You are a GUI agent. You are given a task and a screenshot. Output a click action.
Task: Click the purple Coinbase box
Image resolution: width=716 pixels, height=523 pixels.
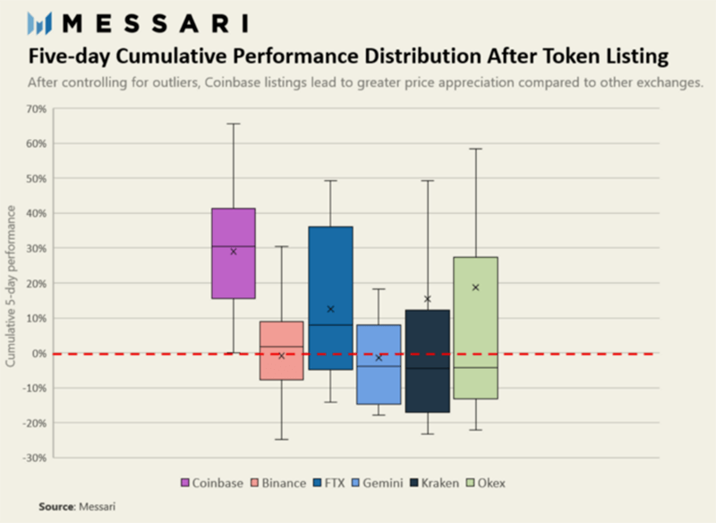[x=234, y=253]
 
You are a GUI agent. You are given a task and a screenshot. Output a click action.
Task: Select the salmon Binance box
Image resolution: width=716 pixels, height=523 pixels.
[x=282, y=350]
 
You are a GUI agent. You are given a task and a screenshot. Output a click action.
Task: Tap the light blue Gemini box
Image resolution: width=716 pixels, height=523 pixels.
[x=379, y=364]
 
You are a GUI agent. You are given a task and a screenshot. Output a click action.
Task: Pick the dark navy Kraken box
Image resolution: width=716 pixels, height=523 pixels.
[x=428, y=361]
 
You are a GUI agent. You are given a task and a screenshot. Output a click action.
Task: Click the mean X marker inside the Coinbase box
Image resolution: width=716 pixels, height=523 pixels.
[x=234, y=252]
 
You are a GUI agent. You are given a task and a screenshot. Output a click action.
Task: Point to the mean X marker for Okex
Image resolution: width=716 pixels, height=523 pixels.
[x=476, y=287]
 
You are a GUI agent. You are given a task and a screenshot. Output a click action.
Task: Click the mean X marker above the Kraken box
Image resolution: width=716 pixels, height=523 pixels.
[x=428, y=299]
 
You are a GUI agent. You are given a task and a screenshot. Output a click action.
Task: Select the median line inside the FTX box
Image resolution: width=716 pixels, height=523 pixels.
[x=330, y=325]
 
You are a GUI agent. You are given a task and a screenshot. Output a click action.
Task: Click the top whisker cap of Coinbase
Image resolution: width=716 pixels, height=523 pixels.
[x=234, y=124]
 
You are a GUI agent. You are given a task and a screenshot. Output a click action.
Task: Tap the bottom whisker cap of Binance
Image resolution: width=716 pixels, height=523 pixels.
[x=282, y=440]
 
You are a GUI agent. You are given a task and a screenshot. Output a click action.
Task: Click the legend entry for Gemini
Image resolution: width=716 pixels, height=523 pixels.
[x=378, y=483]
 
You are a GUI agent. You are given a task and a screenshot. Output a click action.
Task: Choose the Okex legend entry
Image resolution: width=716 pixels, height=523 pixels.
[x=486, y=483]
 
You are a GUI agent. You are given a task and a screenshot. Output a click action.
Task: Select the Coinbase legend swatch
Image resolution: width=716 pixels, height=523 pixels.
[x=185, y=483]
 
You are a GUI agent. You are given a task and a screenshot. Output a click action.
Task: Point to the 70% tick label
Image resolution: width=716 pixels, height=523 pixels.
[x=37, y=109]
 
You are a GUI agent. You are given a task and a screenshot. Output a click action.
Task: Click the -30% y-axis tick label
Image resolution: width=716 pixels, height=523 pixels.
[x=35, y=458]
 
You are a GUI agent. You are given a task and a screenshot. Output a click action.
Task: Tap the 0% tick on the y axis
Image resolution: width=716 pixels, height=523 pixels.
[x=39, y=354]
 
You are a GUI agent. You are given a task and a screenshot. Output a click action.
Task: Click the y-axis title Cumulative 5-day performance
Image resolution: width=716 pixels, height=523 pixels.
[x=11, y=286]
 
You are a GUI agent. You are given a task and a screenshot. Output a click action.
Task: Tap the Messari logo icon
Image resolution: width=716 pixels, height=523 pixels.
[x=39, y=23]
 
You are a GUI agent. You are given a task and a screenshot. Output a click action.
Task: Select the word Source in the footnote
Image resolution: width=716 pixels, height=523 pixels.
[x=56, y=507]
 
